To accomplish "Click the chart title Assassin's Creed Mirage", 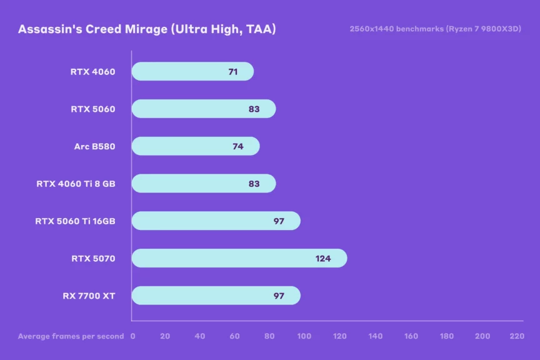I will click(x=147, y=29).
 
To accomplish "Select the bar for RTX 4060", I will click(x=187, y=71).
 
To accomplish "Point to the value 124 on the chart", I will click(x=323, y=258).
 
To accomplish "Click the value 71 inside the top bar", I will click(x=233, y=71).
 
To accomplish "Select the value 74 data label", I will click(x=238, y=146).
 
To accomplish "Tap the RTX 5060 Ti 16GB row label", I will click(x=75, y=221).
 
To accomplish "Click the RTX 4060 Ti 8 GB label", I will click(x=76, y=184).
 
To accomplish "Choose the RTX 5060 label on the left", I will click(x=92, y=109).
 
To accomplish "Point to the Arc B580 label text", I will click(x=94, y=146).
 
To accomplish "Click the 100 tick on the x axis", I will click(x=304, y=336).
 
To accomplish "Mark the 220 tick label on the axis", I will click(x=517, y=336).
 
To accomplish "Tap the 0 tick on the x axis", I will click(x=132, y=336).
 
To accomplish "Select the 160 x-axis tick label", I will click(x=411, y=336).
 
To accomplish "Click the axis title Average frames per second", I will click(x=71, y=336).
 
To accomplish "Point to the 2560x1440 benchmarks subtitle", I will click(x=436, y=29).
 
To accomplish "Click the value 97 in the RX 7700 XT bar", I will click(x=279, y=296).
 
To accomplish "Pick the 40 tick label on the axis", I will click(x=200, y=336).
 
